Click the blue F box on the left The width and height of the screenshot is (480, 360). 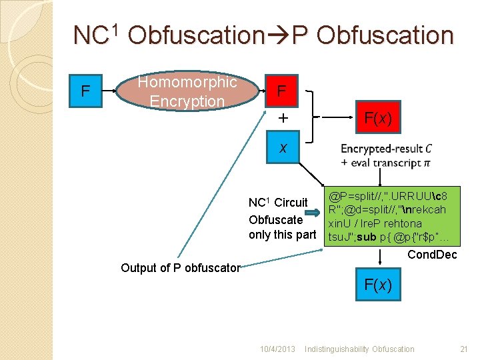coord(85,91)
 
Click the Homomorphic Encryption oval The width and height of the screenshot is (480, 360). coord(187,92)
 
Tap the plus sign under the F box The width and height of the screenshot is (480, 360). coord(283,119)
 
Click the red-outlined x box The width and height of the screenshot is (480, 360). coord(283,147)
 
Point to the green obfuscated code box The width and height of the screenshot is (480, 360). coord(387,217)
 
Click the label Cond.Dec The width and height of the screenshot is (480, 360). coord(431,255)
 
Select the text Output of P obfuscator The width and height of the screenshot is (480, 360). coord(180,268)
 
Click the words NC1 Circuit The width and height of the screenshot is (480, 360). coord(278,203)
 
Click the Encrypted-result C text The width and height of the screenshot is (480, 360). coord(386,149)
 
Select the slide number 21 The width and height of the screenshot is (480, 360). coord(464,349)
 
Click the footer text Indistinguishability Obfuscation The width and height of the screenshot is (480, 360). coord(359,349)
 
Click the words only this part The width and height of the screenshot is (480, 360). coord(282,235)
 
